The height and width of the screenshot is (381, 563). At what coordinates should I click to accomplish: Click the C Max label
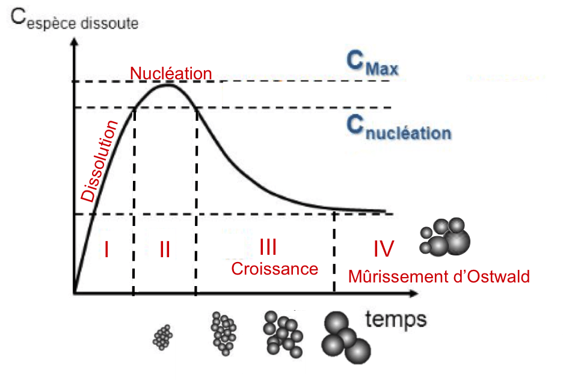372,63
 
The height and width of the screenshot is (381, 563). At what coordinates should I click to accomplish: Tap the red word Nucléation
171,73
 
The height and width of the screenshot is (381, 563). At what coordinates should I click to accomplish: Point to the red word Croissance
274,269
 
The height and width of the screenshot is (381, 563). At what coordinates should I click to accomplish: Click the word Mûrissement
396,276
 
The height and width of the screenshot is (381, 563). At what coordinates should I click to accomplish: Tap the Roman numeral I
106,249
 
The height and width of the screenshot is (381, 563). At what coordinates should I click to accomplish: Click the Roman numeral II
165,249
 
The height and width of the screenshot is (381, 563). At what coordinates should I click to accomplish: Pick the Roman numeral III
268,246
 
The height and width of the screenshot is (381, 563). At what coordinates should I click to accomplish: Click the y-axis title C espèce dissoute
75,22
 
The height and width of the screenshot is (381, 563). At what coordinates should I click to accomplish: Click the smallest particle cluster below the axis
162,337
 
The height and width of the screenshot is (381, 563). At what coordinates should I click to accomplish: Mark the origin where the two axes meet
74,293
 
